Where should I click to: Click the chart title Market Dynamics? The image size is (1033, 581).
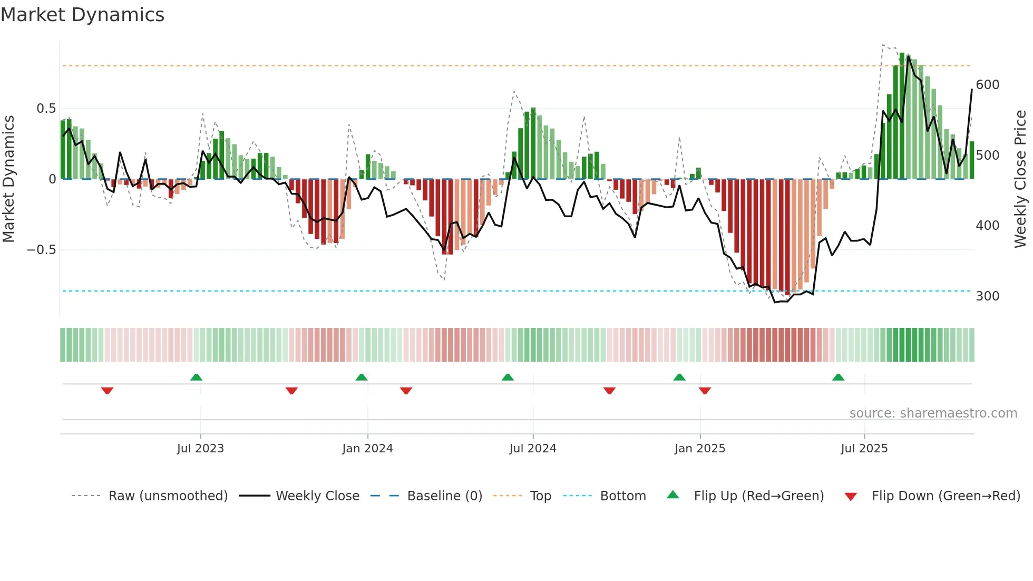(x=82, y=15)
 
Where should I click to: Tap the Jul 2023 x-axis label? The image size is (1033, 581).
(x=200, y=449)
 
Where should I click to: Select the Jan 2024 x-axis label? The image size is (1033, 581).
(x=367, y=449)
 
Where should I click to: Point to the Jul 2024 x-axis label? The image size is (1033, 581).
(x=532, y=449)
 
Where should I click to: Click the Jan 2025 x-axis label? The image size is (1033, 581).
(x=699, y=449)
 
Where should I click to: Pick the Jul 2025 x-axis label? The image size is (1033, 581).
(x=864, y=449)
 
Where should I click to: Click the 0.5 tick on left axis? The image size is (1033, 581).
(x=46, y=109)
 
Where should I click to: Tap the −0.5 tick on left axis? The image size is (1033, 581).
(x=41, y=250)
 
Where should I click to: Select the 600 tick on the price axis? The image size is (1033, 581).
(x=987, y=85)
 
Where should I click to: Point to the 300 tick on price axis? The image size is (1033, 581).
(x=987, y=296)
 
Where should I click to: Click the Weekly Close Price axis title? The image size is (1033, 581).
(x=1020, y=179)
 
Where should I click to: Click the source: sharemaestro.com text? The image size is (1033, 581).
(x=933, y=413)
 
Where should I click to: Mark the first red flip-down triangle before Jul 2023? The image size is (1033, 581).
(x=107, y=391)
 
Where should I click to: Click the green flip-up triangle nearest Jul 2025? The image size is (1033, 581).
(x=838, y=377)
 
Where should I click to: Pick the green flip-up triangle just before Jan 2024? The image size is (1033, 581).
(x=361, y=377)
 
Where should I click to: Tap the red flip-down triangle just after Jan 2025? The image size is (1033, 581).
(x=705, y=391)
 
